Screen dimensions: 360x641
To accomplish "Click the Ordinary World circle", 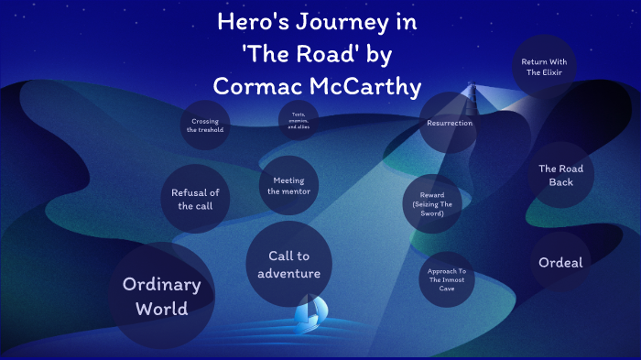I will click(162, 295).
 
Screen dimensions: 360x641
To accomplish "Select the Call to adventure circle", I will click(288, 265).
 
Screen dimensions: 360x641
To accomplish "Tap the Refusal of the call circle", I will click(194, 199).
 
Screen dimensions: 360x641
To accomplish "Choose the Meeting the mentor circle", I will click(288, 185).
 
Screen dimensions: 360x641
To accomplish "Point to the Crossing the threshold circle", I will click(205, 125).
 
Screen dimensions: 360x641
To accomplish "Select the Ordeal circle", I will click(560, 263).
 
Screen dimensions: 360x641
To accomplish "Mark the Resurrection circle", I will click(449, 123).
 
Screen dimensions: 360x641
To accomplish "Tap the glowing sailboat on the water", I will click(309, 313).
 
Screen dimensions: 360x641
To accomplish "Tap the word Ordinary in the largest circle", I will click(162, 283).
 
